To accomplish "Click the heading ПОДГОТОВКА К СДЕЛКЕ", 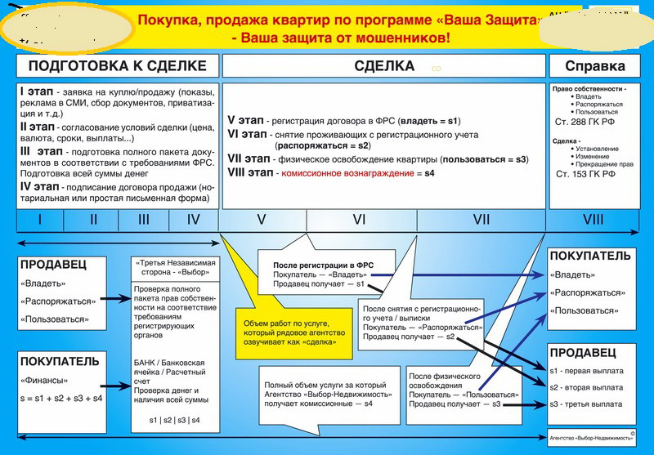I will tap(118, 66).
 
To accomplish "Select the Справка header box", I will tap(598, 66).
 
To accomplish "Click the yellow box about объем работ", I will tap(292, 333).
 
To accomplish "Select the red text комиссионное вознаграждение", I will tap(347, 174).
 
